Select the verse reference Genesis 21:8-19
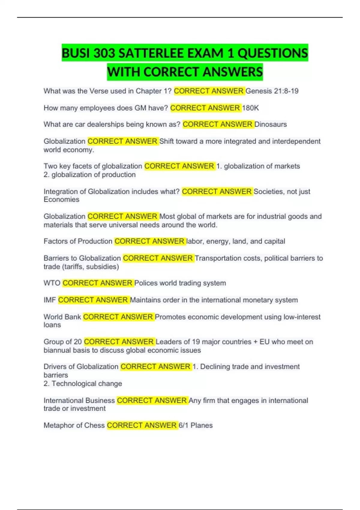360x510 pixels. click(272, 91)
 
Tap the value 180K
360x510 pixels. click(250, 108)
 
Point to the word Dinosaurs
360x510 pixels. click(271, 124)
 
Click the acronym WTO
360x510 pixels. click(52, 283)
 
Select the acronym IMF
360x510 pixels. click(50, 300)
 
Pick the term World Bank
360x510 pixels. click(62, 317)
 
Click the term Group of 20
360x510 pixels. click(63, 342)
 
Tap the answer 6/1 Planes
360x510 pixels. click(196, 425)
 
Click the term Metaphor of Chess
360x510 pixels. click(74, 425)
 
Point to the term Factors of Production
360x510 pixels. click(78, 241)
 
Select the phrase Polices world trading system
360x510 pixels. click(180, 283)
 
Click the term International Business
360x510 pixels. click(79, 400)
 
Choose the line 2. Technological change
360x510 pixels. click(83, 383)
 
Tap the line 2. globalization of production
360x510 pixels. click(90, 175)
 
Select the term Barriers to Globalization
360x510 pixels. click(82, 258)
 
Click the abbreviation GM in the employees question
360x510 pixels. click(140, 108)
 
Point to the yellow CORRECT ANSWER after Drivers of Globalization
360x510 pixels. click(156, 367)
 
